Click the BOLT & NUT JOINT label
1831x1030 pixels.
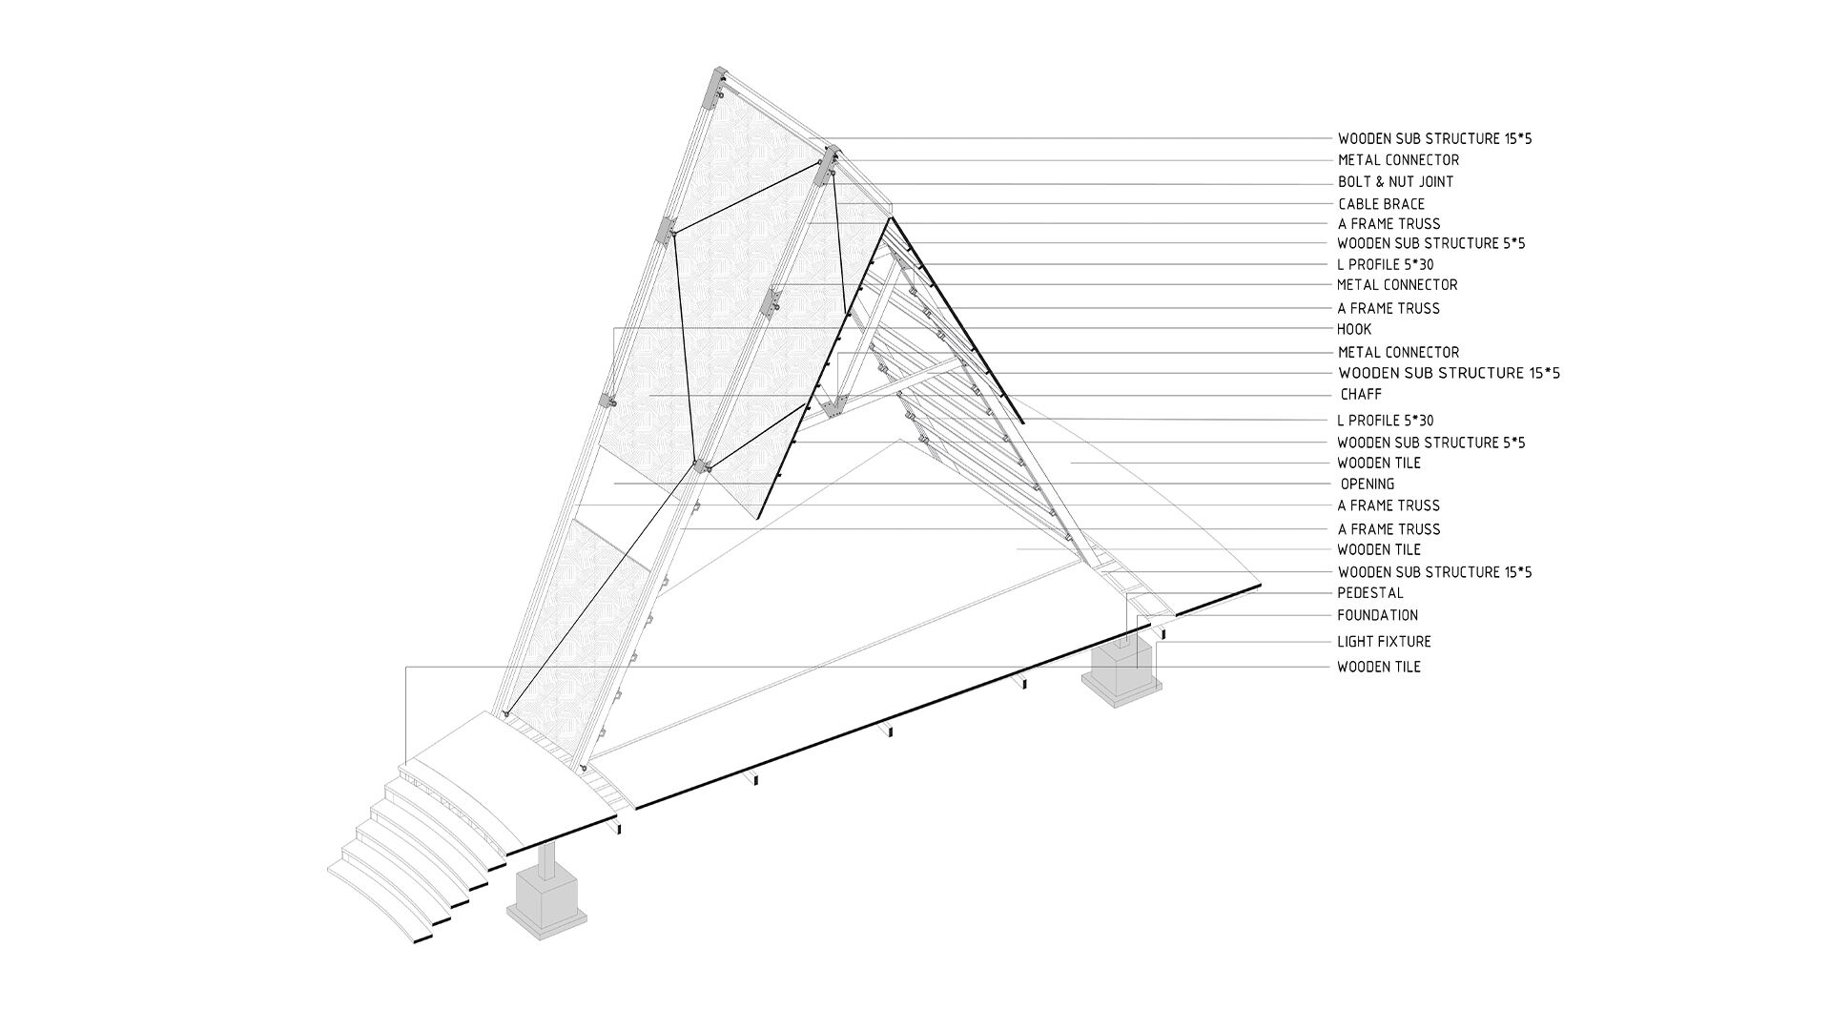tap(1395, 182)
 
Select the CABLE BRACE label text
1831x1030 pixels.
tap(1381, 204)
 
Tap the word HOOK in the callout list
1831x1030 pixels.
tap(1354, 329)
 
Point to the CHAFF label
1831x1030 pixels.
tap(1361, 394)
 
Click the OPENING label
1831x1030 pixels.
tap(1368, 484)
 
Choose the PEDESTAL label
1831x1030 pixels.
tap(1370, 593)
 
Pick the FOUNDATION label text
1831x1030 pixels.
tap(1377, 615)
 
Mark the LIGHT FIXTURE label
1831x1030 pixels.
tap(1384, 642)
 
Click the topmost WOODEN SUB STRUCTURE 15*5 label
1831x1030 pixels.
tap(1434, 138)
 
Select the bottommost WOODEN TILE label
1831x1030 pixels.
tap(1378, 667)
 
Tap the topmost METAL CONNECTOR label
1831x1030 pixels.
tap(1398, 160)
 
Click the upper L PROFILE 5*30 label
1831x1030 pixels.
tap(1385, 264)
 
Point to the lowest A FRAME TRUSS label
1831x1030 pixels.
tap(1389, 529)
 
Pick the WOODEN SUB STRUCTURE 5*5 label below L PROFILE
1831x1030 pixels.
tap(1430, 443)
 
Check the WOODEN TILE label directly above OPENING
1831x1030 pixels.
tap(1378, 463)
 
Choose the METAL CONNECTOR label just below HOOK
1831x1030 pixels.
tap(1397, 352)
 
